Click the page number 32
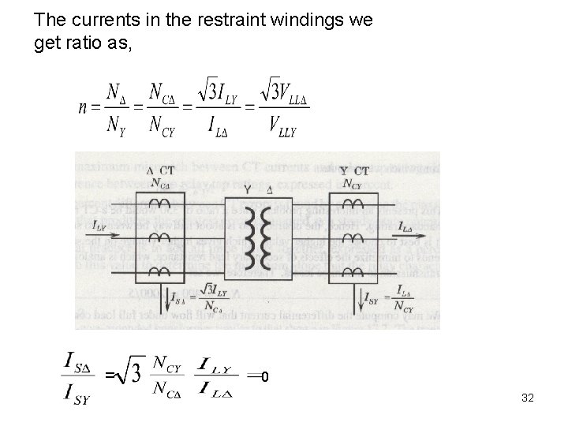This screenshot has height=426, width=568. point(528,398)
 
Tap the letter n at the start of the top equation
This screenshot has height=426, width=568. point(83,106)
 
